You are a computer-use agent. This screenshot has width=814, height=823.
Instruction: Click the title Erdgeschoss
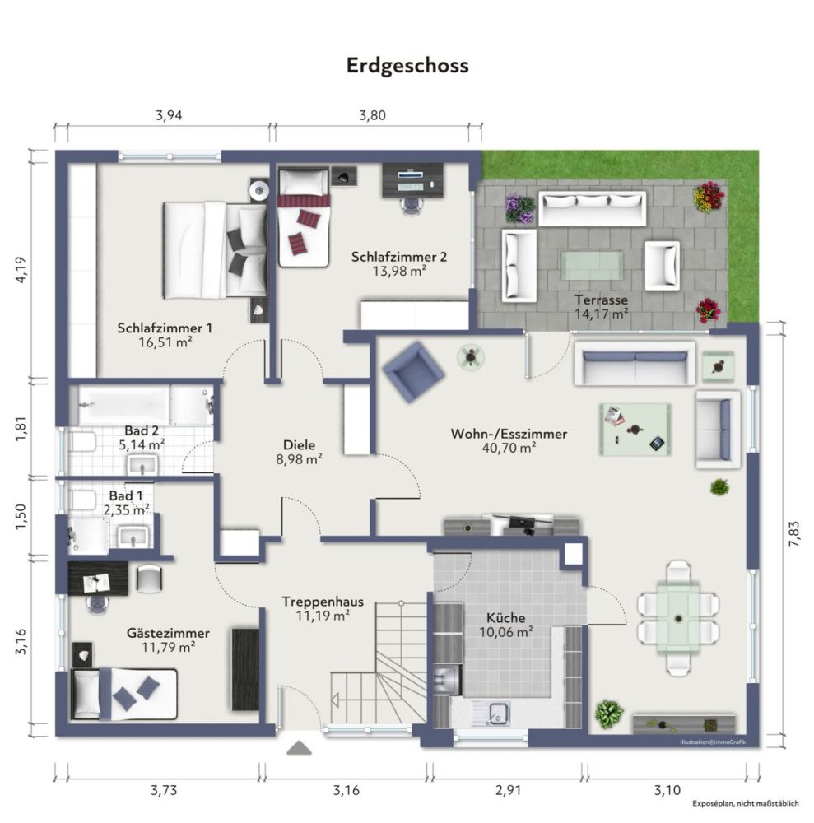point(407,65)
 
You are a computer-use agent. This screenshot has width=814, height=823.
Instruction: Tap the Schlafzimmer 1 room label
point(165,328)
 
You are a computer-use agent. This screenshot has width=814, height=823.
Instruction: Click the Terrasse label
point(601,300)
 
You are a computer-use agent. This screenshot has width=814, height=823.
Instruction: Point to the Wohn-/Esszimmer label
point(509,433)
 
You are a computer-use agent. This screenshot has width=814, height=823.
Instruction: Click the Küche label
point(505,617)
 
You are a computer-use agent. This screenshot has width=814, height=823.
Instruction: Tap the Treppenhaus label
point(321,601)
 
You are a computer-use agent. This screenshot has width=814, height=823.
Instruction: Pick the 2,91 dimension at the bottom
point(507,791)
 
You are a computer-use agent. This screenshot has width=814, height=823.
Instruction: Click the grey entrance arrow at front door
point(299,747)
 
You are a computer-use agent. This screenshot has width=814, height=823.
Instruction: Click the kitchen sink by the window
point(498,713)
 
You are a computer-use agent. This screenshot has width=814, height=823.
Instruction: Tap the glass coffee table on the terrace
point(593,265)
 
